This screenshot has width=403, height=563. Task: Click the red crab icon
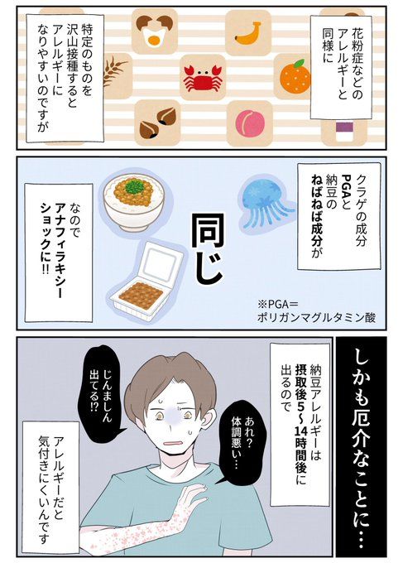[x=203, y=78]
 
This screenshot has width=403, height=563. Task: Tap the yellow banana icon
[x=247, y=32]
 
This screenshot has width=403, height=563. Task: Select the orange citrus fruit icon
[x=295, y=76]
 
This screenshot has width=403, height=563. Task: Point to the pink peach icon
[x=250, y=122]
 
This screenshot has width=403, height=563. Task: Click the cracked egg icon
[x=154, y=31]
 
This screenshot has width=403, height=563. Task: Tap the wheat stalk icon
[x=114, y=73]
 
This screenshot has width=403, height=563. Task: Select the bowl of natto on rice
[x=133, y=201]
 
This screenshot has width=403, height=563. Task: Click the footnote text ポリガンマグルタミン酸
[x=316, y=317]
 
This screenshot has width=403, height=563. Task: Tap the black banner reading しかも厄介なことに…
[x=361, y=447]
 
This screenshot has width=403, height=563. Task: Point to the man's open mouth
[x=175, y=442]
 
